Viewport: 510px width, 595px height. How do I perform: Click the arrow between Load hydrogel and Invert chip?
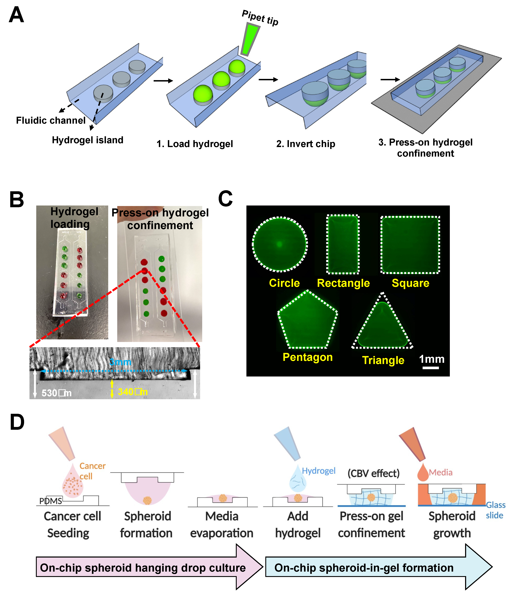click(268, 80)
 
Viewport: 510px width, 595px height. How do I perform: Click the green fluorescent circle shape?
click(280, 244)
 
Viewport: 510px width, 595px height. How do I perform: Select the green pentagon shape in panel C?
click(307, 322)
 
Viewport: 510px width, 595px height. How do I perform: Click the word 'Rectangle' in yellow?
click(343, 283)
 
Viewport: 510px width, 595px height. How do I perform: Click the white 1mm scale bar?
click(430, 368)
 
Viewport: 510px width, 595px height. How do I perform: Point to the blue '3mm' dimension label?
click(120, 362)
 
